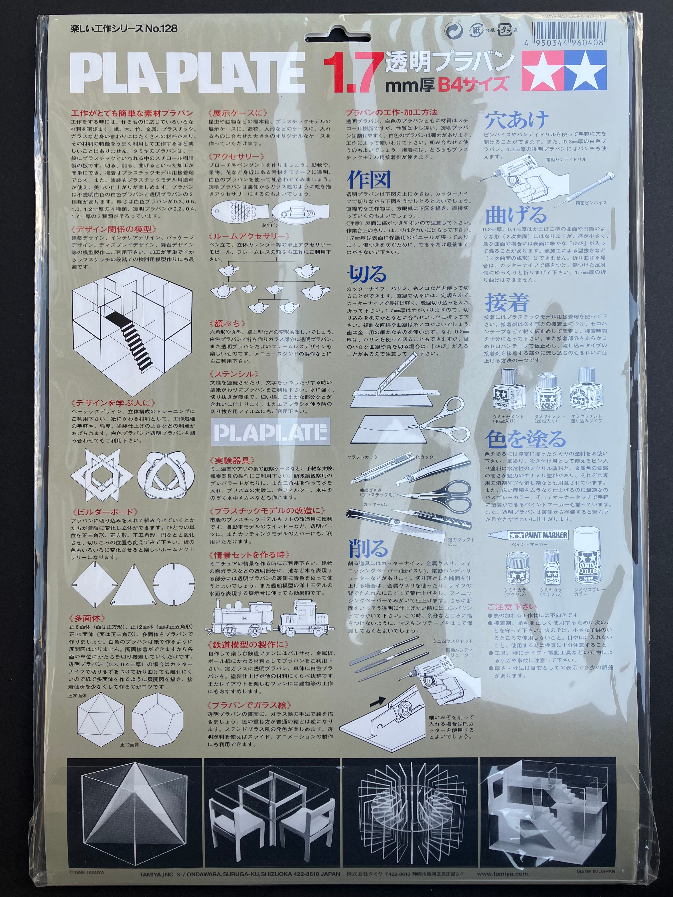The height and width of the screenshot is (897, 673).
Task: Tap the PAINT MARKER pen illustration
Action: coord(527,535)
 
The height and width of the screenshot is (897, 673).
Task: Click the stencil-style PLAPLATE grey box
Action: coord(271,432)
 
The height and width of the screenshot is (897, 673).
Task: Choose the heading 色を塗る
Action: coord(525,439)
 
